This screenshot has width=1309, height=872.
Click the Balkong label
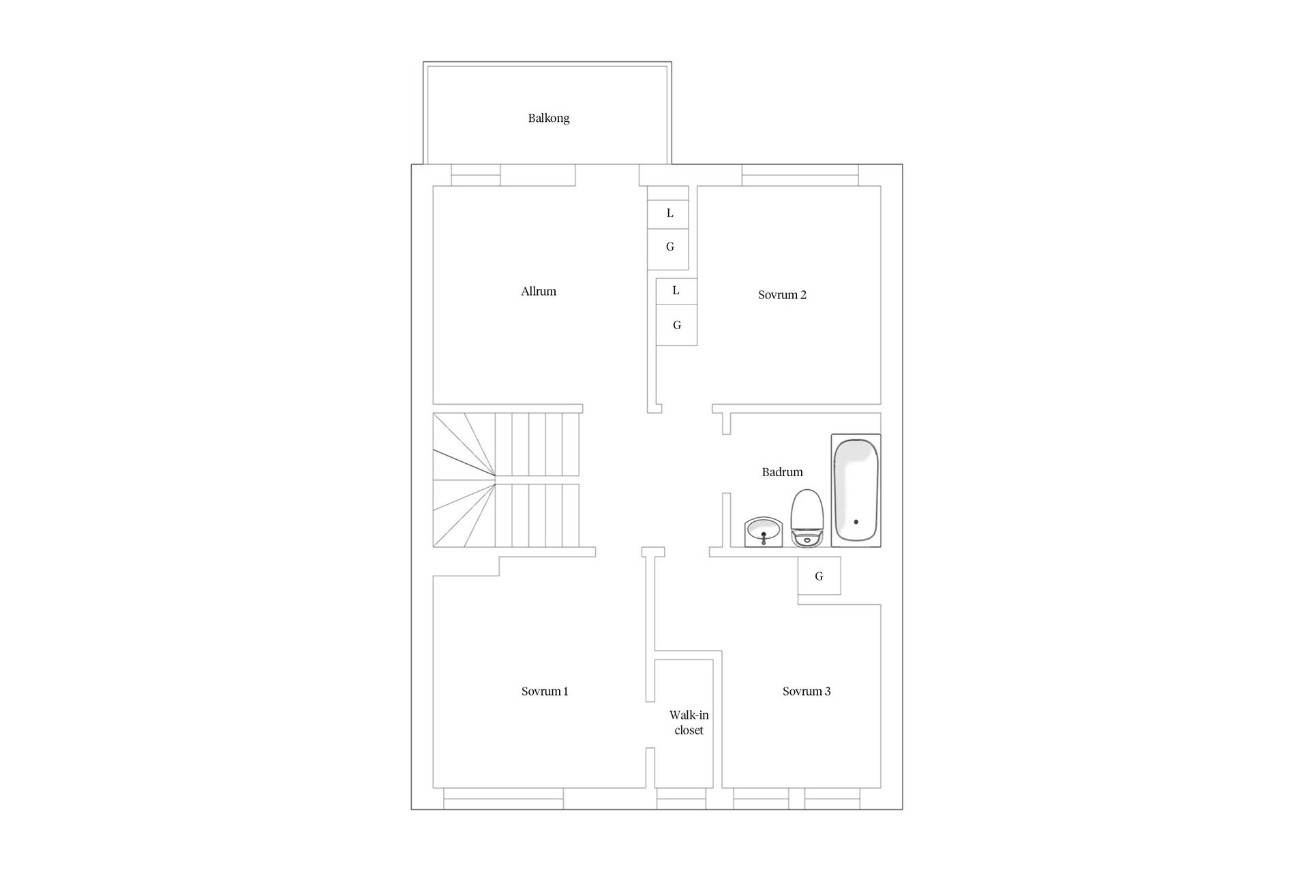tap(548, 118)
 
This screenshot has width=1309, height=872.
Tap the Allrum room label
tap(539, 292)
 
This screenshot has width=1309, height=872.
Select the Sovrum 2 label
tap(782, 295)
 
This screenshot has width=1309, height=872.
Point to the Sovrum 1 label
tap(545, 691)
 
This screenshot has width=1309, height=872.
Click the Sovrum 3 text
tap(807, 691)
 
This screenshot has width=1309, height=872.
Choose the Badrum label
tap(782, 472)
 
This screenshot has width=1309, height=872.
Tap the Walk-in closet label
tap(689, 723)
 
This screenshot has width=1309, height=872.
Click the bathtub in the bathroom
tap(856, 490)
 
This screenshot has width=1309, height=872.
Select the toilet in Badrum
tap(807, 518)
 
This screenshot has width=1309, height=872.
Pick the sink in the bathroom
tap(764, 532)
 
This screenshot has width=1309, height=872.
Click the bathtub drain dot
tap(856, 522)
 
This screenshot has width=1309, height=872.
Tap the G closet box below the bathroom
tap(819, 576)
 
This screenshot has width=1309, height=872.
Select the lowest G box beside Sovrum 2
tap(676, 325)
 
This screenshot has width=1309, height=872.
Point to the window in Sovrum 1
tap(504, 798)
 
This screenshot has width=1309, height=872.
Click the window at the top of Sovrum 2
tap(800, 175)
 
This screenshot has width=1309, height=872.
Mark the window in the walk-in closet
tap(681, 798)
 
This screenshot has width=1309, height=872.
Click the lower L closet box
tap(676, 291)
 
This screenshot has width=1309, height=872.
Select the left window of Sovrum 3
tap(761, 798)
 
